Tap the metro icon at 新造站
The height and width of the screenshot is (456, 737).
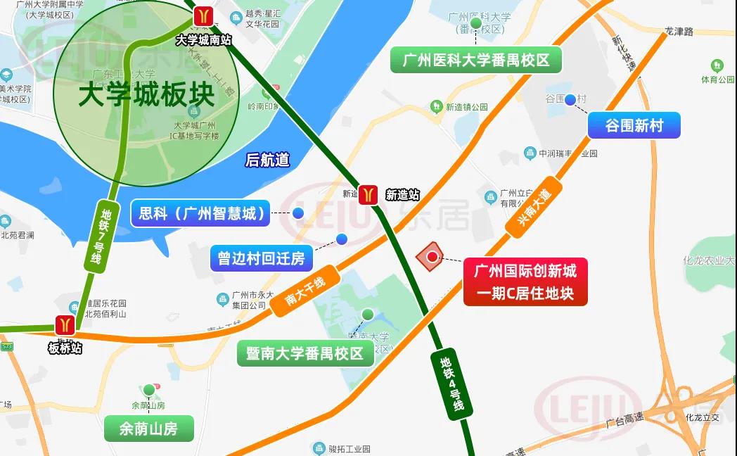point(368,194)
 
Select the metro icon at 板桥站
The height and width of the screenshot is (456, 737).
point(65,325)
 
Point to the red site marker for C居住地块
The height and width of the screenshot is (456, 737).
point(430,257)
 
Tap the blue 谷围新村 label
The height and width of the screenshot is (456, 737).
point(634,126)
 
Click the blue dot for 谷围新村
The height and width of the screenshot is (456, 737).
point(570,100)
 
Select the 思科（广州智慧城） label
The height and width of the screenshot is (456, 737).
point(201,213)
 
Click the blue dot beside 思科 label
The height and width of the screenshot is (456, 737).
point(298,213)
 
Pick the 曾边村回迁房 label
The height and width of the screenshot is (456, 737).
point(261,258)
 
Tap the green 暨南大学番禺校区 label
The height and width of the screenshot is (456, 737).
point(305,353)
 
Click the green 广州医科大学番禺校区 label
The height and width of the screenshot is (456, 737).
point(476,60)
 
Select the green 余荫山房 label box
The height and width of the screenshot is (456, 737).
point(148,428)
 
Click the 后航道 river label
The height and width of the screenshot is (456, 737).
point(267,160)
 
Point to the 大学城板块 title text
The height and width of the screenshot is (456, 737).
point(146,95)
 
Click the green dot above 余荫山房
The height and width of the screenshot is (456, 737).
point(148,389)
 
